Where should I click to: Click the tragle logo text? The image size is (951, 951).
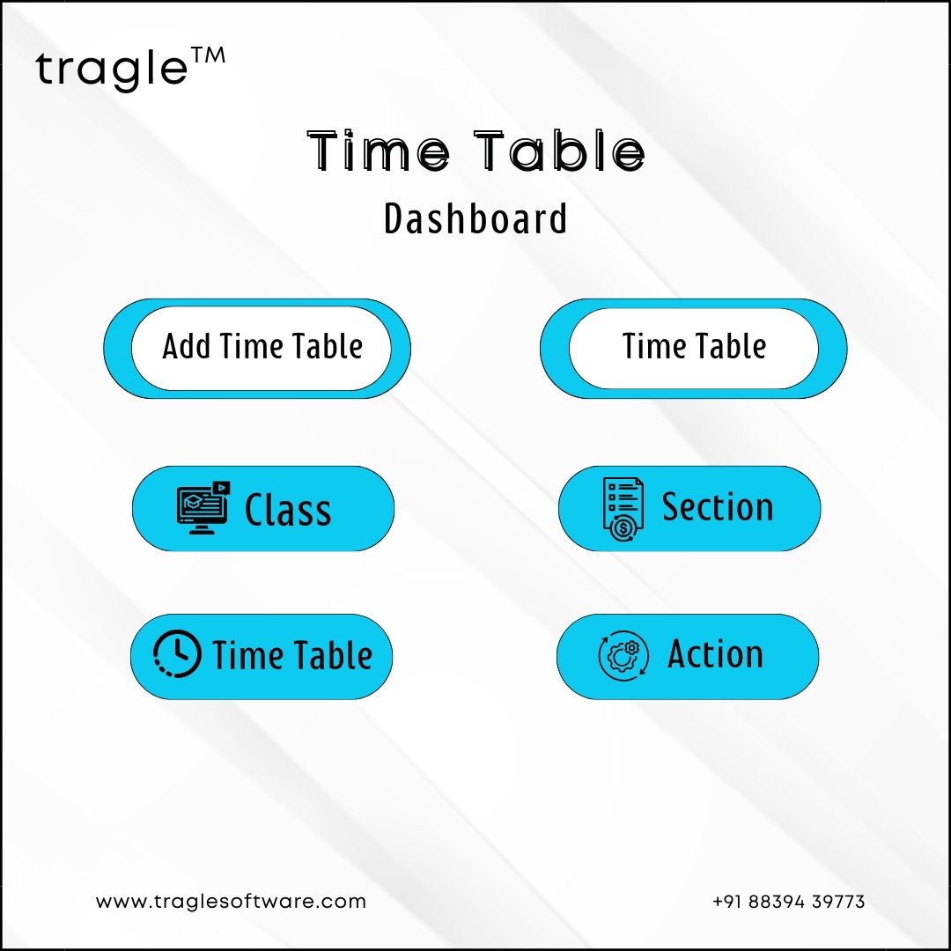point(112,70)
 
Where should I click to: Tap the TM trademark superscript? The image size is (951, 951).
point(209,55)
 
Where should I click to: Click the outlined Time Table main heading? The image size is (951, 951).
point(475,151)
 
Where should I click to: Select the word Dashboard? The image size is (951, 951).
point(475,218)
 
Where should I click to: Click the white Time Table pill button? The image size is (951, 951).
point(694,348)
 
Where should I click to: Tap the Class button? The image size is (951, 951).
point(263,508)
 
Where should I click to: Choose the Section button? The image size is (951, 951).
point(689,508)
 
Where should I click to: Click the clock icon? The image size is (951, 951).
point(176,653)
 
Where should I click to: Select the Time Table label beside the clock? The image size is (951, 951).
point(292,655)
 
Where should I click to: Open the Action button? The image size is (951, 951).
point(688,656)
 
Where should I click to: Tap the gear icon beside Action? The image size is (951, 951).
point(623,656)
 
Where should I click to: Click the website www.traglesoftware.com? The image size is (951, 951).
point(231,902)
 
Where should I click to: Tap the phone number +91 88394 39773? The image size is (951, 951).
point(788,902)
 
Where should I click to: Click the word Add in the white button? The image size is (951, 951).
point(187,346)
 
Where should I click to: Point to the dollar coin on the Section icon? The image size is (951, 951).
point(623,529)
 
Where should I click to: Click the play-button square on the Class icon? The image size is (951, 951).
point(222,488)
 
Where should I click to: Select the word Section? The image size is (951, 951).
point(718,506)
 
